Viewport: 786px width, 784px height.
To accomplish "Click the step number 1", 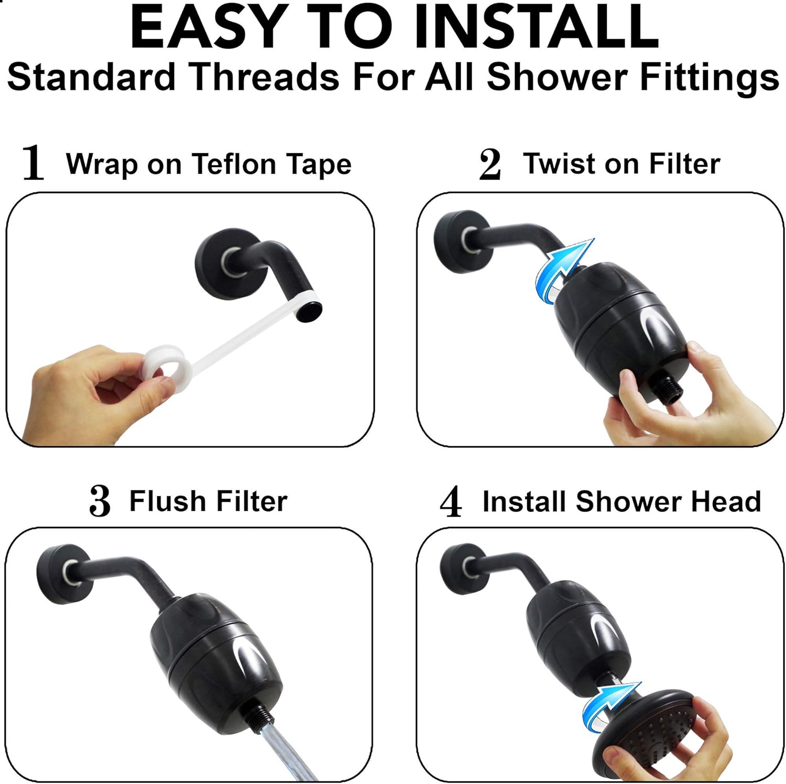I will click(x=32, y=163).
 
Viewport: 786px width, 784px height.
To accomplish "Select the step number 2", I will click(x=490, y=164).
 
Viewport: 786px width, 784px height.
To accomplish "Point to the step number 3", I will click(x=100, y=501).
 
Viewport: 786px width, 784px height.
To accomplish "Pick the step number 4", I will click(x=451, y=501).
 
